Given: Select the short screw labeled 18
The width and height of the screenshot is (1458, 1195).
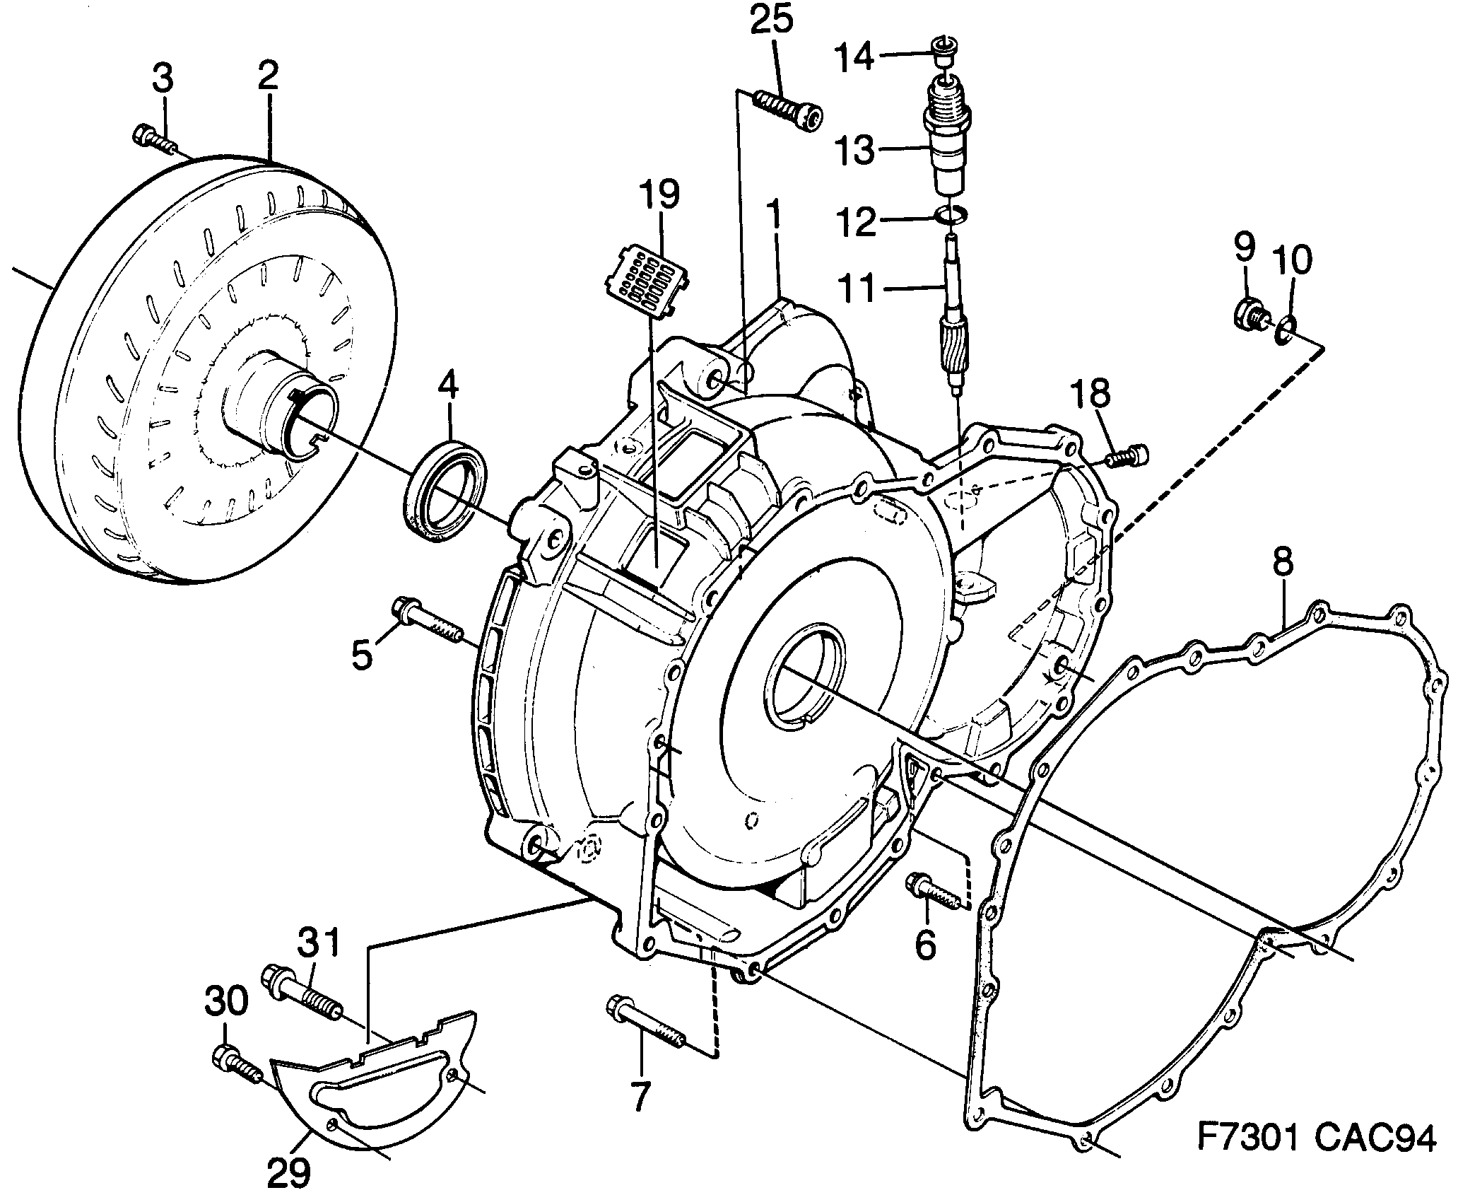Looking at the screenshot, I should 1129,455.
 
